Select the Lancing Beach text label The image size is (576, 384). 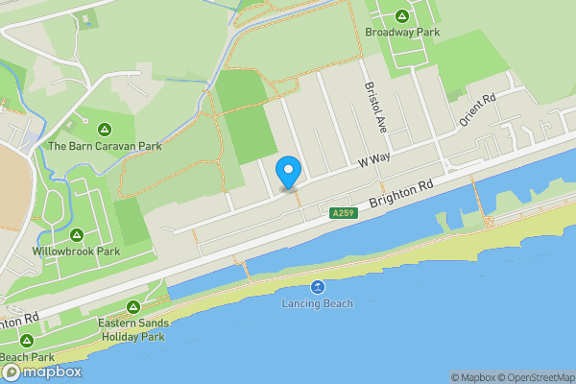(x=317, y=303)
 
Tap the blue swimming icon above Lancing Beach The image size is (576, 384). (x=317, y=287)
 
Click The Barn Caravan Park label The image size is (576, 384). (x=105, y=146)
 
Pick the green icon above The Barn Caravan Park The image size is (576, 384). (x=104, y=129)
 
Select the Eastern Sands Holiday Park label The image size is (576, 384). (x=132, y=330)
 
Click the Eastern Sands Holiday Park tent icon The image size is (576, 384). (x=132, y=307)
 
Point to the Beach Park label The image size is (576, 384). (x=26, y=357)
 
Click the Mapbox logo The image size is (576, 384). (x=42, y=372)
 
